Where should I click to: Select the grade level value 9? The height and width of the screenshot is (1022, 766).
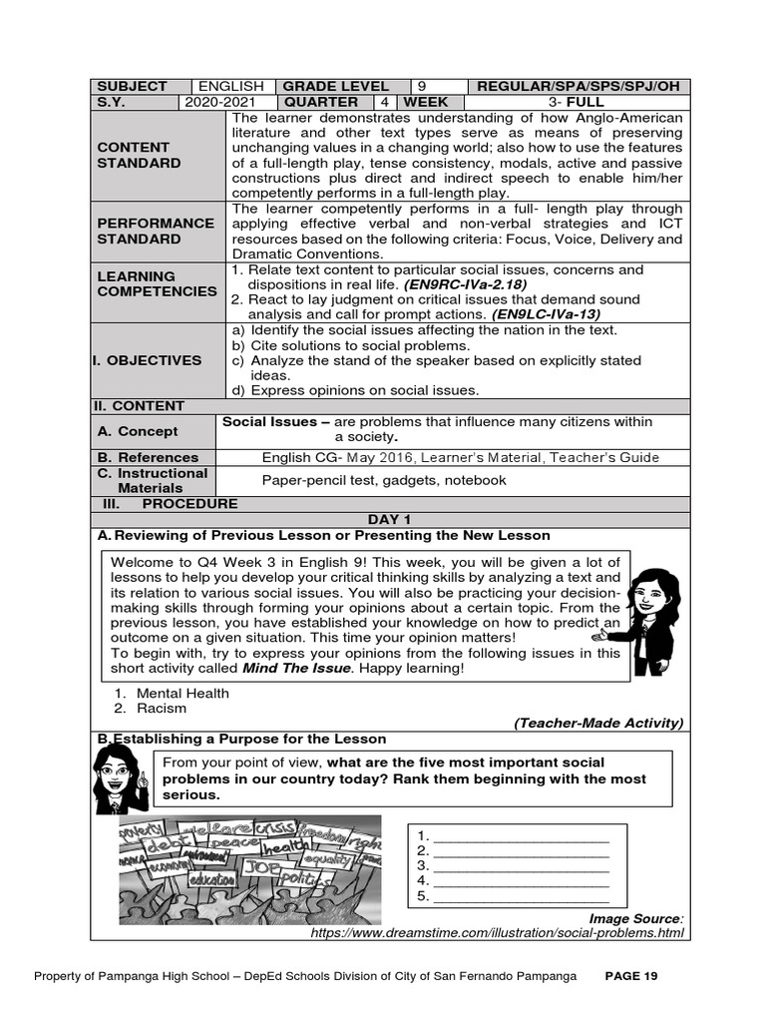(420, 86)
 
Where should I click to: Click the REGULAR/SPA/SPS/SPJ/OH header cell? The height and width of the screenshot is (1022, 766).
(578, 86)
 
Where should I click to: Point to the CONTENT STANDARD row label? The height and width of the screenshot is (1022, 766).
(139, 155)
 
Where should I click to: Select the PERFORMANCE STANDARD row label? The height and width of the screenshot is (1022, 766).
(155, 231)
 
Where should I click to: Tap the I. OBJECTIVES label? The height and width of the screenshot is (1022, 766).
(149, 360)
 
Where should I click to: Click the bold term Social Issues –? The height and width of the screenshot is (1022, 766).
(275, 422)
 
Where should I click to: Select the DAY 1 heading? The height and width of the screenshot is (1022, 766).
(388, 519)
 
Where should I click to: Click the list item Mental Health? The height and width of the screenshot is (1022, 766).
(183, 693)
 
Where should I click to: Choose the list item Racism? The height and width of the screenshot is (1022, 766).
(162, 709)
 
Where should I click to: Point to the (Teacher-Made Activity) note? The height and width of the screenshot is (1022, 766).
(598, 723)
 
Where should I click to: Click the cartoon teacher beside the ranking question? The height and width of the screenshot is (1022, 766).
(121, 778)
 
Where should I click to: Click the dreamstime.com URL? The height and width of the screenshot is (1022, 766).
(498, 932)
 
